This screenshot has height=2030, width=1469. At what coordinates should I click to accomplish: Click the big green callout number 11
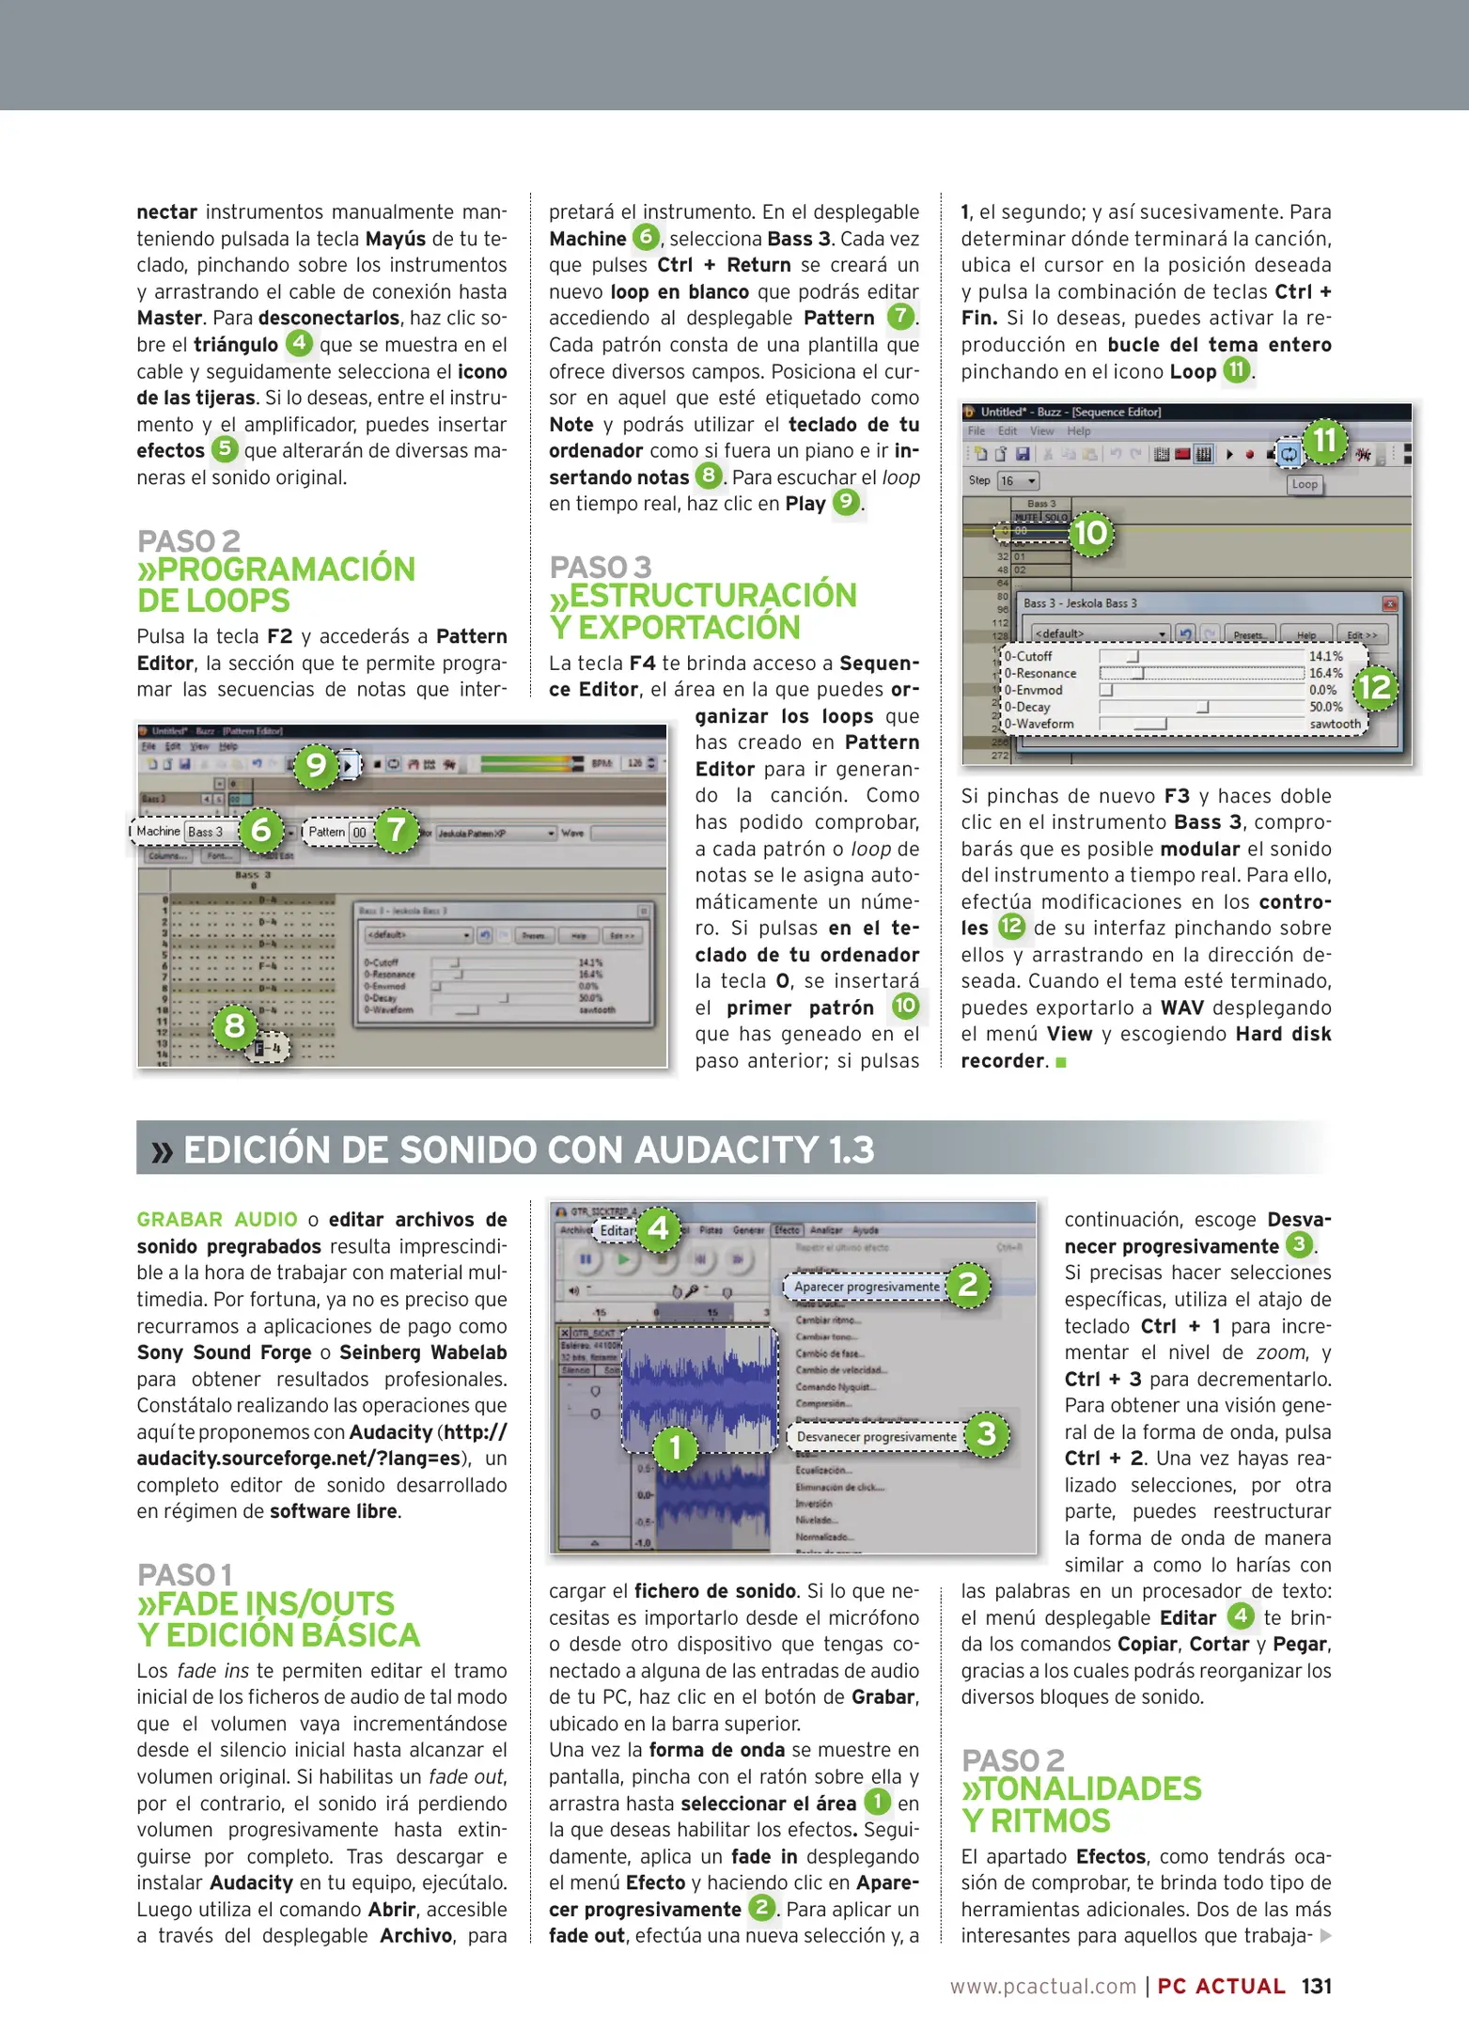coord(1324,441)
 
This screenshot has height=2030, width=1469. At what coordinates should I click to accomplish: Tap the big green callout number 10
coord(1090,534)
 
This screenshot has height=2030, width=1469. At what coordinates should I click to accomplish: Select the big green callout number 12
coord(1375,687)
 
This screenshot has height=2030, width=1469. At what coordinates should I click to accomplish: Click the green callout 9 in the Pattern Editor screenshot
coord(316,766)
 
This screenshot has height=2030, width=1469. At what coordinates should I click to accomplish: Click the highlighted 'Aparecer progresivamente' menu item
coord(866,1287)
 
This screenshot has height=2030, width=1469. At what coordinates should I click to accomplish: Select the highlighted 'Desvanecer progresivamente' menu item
coord(876,1436)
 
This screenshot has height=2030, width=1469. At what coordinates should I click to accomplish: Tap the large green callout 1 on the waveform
coord(675,1448)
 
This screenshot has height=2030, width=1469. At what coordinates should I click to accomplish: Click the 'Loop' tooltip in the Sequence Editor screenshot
coord(1305,484)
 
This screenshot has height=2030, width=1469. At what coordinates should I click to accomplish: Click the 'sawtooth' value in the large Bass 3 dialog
coord(1335,724)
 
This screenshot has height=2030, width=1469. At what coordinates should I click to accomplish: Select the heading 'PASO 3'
coord(601,568)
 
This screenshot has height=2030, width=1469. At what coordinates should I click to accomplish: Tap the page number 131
coord(1316,1986)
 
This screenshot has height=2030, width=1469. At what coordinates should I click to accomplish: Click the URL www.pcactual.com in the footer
coord(1042,1986)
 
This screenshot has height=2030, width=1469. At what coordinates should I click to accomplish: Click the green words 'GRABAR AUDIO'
coord(216,1220)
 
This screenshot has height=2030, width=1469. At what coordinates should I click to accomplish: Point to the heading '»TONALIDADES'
coord(1081,1788)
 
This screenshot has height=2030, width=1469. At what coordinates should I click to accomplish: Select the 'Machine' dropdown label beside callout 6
coord(158,832)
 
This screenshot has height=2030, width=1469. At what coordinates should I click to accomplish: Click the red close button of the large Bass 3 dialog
coord(1390,603)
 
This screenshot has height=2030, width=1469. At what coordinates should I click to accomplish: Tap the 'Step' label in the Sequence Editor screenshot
coord(979,480)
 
